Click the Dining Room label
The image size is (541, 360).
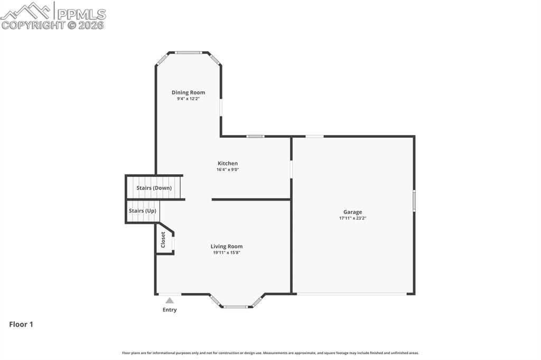point(188,92)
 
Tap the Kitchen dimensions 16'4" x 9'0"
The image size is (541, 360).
point(228,170)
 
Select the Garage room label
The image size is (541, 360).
point(352,212)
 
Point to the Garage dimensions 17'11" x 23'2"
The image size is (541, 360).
point(352,218)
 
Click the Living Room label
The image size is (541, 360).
point(226,247)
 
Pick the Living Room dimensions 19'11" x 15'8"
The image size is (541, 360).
point(226,253)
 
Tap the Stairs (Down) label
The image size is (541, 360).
point(154,188)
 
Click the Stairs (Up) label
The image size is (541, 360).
point(143,211)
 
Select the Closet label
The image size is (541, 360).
point(163,240)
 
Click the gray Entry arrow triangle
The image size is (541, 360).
point(169,300)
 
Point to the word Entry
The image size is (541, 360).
point(169,310)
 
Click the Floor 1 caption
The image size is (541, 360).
point(21,325)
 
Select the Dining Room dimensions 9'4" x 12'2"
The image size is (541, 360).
point(188,99)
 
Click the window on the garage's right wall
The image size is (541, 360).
point(414,201)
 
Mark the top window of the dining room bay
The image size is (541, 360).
point(189,52)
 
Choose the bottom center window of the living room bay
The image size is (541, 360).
point(236,307)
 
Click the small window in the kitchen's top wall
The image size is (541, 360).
point(255,136)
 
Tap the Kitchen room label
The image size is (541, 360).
point(228,164)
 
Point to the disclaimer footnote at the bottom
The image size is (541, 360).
point(270,353)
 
